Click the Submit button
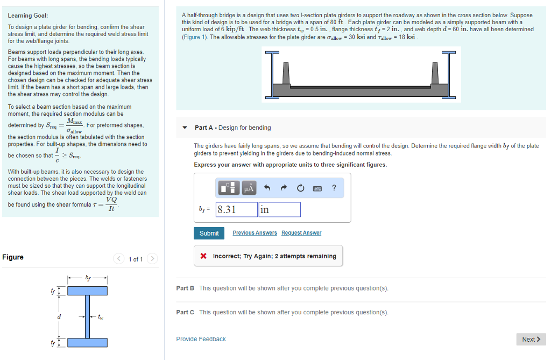[209, 233]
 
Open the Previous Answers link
[255, 233]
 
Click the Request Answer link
[301, 233]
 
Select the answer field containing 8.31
[236, 210]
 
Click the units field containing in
[279, 210]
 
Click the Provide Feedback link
[201, 339]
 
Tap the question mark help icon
[334, 188]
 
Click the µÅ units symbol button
[249, 188]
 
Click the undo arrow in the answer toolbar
[266, 188]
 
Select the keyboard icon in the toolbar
[317, 188]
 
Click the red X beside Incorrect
[204, 256]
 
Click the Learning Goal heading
[28, 16]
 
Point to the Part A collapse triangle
[185, 128]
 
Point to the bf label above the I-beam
[88, 278]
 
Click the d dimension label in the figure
[59, 316]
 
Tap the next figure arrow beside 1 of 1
[153, 259]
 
